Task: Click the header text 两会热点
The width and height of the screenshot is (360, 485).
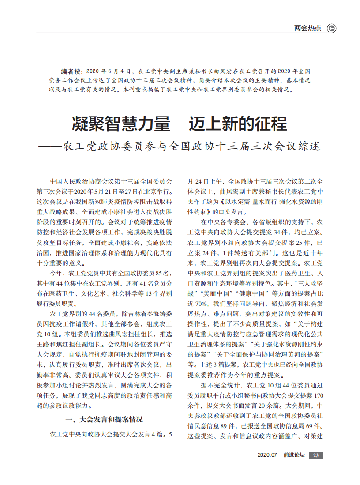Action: pos(307,29)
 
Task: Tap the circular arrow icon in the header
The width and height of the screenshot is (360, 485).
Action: pos(331,29)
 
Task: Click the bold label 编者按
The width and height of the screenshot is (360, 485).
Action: pos(71,71)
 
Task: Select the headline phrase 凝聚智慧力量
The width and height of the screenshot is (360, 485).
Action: pos(121,124)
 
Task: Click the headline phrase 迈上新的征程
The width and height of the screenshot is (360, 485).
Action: pos(238,124)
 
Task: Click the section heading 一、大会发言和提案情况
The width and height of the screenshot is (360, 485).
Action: pos(104,419)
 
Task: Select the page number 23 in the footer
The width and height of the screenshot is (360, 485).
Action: pos(316,455)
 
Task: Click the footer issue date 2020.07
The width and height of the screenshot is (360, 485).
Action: pos(266,455)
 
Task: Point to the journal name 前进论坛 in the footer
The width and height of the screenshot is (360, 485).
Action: pos(294,455)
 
